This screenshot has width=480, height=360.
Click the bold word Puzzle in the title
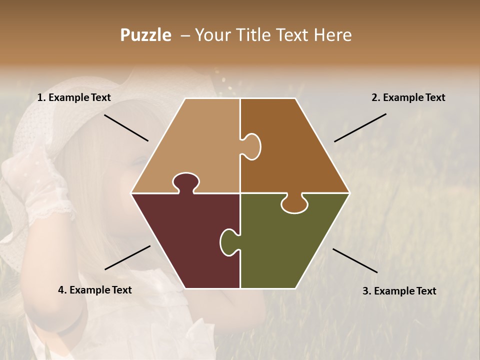(x=145, y=35)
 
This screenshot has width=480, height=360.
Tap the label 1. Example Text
(x=74, y=98)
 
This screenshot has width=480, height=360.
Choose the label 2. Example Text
(x=408, y=98)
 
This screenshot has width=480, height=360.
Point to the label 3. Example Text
(x=399, y=291)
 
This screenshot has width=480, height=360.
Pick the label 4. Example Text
(x=95, y=290)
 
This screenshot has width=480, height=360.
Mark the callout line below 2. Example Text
(x=360, y=127)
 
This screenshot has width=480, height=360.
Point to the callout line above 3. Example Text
(x=355, y=260)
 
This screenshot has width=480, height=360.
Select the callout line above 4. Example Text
(x=127, y=257)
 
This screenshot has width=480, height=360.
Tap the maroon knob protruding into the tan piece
(x=185, y=182)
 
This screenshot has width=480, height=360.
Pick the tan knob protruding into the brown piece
(x=251, y=146)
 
